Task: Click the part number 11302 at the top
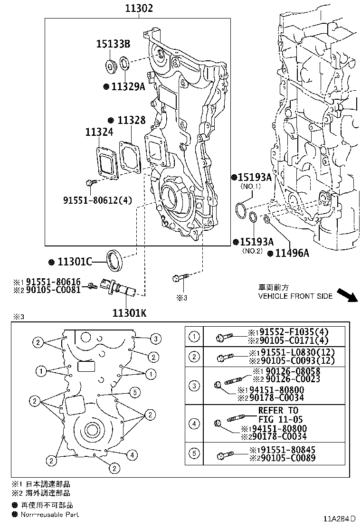coord(139,9)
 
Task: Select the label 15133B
coord(114,44)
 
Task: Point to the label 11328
coord(131,121)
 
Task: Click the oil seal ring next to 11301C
coord(114,259)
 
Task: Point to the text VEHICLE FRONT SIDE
coord(295,296)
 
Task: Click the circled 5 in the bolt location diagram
coord(135,392)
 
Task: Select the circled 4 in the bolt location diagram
coord(132,455)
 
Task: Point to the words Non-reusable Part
coord(49,514)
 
